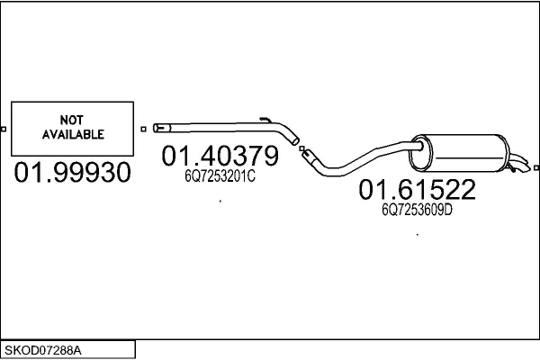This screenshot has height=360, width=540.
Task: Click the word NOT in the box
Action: pyautogui.click(x=72, y=120)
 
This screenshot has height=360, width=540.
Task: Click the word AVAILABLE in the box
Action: pyautogui.click(x=73, y=134)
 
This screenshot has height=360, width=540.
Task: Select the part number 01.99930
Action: pyautogui.click(x=73, y=172)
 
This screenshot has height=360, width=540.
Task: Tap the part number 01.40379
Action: pyautogui.click(x=220, y=156)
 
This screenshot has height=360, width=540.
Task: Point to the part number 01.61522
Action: pyautogui.click(x=417, y=189)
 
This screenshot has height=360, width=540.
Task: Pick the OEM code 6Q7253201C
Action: pyautogui.click(x=220, y=176)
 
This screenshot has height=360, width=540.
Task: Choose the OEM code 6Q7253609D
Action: pyautogui.click(x=417, y=210)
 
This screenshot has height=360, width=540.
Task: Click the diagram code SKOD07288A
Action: pyautogui.click(x=43, y=351)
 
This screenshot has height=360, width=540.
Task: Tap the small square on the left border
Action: pyautogui.click(x=4, y=130)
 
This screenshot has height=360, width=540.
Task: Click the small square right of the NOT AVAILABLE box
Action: pyautogui.click(x=144, y=130)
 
